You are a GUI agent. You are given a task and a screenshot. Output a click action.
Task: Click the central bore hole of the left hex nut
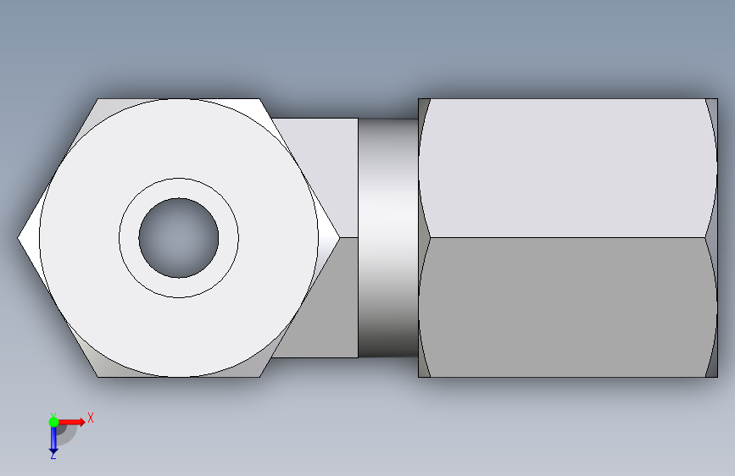(x=179, y=238)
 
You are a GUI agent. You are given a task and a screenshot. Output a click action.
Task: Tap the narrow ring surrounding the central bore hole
(x=179, y=188)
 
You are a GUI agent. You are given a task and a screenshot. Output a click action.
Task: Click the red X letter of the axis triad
(x=91, y=418)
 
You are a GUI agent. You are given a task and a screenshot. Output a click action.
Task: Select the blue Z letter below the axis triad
(x=53, y=455)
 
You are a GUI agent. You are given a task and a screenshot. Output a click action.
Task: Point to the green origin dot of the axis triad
(x=53, y=422)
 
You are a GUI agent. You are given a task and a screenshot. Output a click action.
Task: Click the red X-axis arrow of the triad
(x=71, y=422)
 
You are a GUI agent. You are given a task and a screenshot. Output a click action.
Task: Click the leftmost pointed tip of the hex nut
(x=18, y=238)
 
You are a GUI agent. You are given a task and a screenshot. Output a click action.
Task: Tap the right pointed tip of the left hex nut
(x=339, y=238)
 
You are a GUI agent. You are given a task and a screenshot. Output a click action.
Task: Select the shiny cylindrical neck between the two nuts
(x=388, y=238)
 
